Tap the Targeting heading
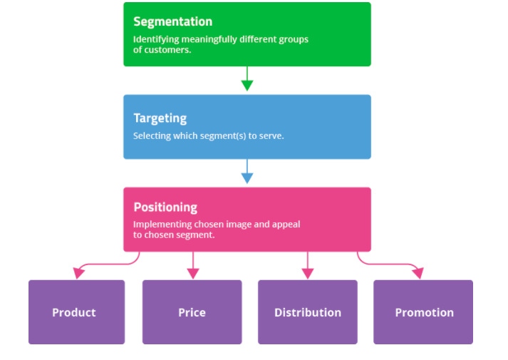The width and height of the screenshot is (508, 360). click(160, 118)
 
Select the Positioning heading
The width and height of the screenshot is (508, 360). click(165, 207)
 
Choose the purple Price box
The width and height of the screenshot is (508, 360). click(192, 312)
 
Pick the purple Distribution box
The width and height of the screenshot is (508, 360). click(307, 312)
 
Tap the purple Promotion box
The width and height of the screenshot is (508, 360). click(423, 312)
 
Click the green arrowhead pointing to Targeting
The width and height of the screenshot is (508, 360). click(247, 86)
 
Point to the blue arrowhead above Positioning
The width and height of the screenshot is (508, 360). click(247, 178)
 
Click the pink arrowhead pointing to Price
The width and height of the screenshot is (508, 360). click(192, 273)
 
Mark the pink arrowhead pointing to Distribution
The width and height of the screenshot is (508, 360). click(308, 273)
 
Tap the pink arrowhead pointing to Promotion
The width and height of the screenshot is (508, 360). click(418, 273)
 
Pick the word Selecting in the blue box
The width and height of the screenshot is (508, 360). click(151, 135)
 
